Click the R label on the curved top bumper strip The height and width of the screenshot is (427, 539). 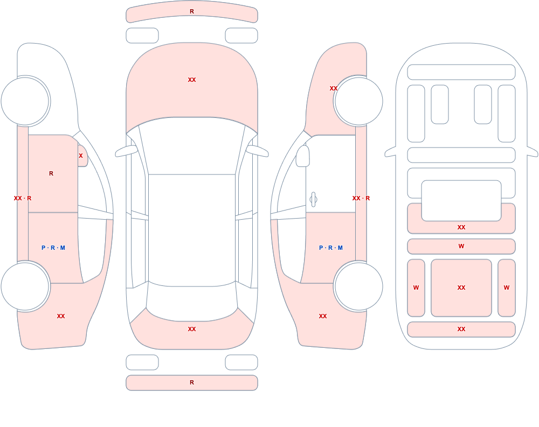click(x=192, y=11)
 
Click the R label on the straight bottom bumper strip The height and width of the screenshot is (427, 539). click(x=192, y=382)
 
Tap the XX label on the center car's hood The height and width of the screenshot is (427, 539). click(x=192, y=80)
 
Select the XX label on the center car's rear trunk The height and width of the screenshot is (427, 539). click(x=192, y=329)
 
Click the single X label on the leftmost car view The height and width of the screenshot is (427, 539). click(x=81, y=156)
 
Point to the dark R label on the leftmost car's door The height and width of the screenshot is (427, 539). click(x=51, y=173)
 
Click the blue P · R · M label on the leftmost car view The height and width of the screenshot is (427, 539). click(x=53, y=248)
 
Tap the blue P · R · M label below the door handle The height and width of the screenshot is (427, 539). click(x=331, y=248)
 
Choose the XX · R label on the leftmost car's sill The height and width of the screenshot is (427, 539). click(x=23, y=198)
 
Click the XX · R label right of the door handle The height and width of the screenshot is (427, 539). click(x=361, y=198)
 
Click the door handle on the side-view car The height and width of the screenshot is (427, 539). click(x=313, y=200)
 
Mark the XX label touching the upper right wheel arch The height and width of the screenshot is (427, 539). click(x=334, y=88)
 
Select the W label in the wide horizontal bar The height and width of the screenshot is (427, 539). click(x=461, y=246)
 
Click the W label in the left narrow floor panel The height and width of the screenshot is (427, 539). click(x=416, y=288)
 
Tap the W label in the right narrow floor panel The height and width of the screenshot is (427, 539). click(x=507, y=288)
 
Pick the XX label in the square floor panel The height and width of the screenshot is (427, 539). click(x=461, y=288)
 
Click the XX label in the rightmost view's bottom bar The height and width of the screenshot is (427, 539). click(x=461, y=329)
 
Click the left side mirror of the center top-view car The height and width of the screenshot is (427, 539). click(x=126, y=151)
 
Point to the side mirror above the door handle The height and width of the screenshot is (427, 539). click(x=303, y=156)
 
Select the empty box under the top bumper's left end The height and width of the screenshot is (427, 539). click(x=142, y=36)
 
